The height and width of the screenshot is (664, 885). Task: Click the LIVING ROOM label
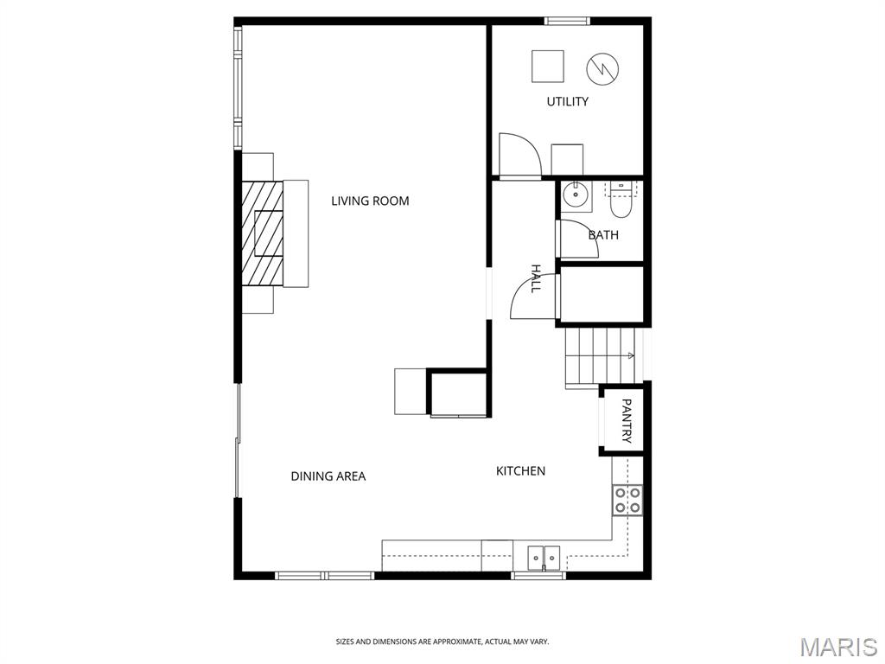pyautogui.click(x=370, y=201)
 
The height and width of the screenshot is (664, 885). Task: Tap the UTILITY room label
pyautogui.click(x=567, y=102)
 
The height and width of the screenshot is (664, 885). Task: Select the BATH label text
pyautogui.click(x=603, y=235)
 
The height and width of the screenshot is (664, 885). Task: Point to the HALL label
pyautogui.click(x=536, y=278)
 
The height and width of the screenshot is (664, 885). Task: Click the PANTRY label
pyautogui.click(x=626, y=421)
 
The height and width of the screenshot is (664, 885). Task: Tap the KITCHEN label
pyautogui.click(x=520, y=471)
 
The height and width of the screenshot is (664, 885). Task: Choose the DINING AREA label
pyautogui.click(x=328, y=476)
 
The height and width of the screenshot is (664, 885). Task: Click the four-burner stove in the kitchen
pyautogui.click(x=627, y=500)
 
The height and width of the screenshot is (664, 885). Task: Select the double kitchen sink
pyautogui.click(x=544, y=558)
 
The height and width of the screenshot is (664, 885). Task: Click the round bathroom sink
pyautogui.click(x=575, y=196)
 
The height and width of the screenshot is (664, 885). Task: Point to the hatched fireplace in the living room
pyautogui.click(x=263, y=233)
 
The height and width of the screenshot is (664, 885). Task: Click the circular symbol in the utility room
pyautogui.click(x=602, y=69)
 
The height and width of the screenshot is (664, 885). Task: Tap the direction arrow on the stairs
pyautogui.click(x=630, y=355)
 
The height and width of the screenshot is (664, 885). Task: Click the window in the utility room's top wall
pyautogui.click(x=567, y=22)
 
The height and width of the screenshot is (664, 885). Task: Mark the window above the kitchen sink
pyautogui.click(x=538, y=576)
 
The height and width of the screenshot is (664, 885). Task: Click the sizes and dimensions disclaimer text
pyautogui.click(x=442, y=642)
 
